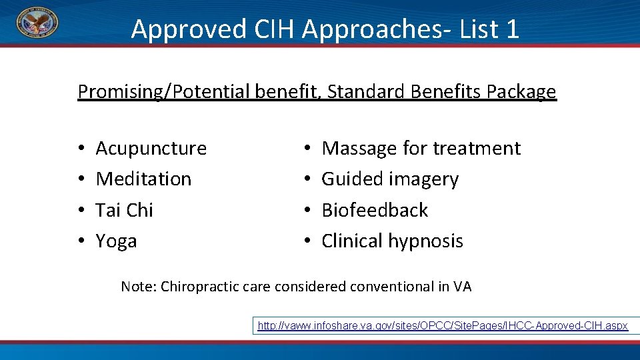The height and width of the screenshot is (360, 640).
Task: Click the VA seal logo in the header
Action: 37,23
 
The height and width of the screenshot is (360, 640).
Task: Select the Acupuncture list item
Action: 151,148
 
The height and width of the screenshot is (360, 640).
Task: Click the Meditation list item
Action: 143,179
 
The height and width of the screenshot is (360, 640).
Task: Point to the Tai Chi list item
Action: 124,210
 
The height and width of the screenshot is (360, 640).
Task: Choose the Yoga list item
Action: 116,241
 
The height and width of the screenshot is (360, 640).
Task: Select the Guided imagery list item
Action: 390,179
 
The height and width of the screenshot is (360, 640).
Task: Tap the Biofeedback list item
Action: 375,210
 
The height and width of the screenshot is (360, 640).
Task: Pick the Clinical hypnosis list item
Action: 392,241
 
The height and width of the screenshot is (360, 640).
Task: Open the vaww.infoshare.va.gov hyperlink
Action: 443,325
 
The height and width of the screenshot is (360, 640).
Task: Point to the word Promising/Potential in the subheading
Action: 164,91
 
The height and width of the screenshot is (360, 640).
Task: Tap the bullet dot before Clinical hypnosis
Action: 306,241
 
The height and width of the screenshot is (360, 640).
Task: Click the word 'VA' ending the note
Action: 462,287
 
